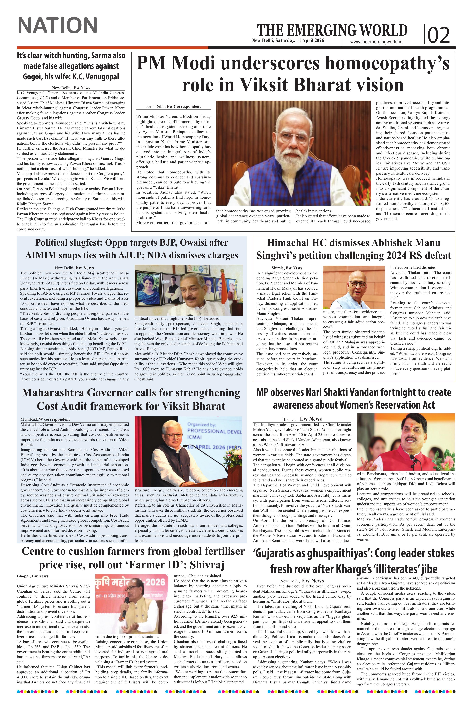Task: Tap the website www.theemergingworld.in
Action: point(376,42)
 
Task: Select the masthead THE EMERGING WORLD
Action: point(332,30)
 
